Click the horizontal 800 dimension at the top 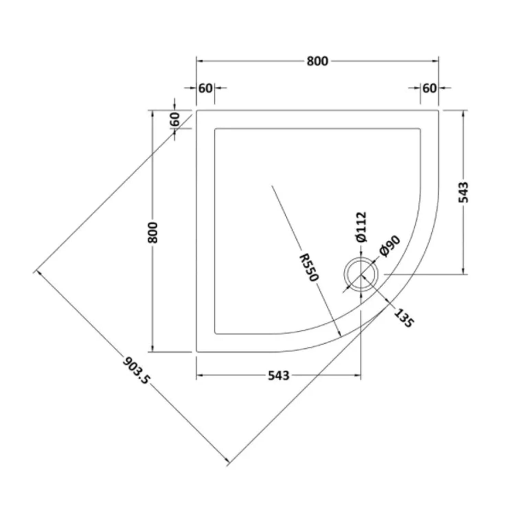click(317, 61)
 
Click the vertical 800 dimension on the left click(153, 232)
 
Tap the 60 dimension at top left click(205, 88)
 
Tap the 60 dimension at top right click(429, 88)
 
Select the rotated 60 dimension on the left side click(175, 119)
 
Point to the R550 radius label click(309, 267)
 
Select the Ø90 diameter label click(390, 246)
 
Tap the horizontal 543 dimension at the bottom click(278, 376)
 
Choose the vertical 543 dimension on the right click(463, 192)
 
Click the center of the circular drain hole click(361, 274)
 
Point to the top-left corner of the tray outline click(196, 110)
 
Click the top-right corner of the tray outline click(438, 110)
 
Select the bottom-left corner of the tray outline click(196, 352)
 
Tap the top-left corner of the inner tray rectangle click(215, 129)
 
